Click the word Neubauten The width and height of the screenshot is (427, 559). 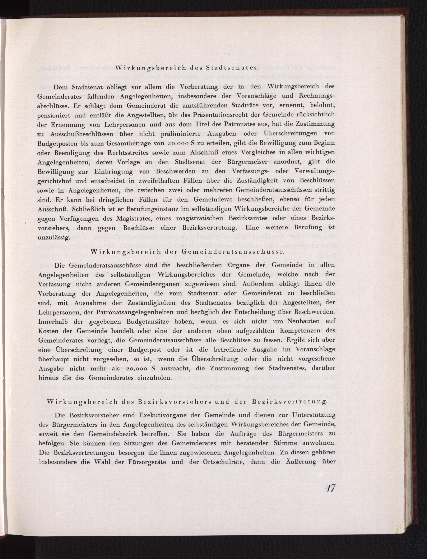click(x=303, y=321)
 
